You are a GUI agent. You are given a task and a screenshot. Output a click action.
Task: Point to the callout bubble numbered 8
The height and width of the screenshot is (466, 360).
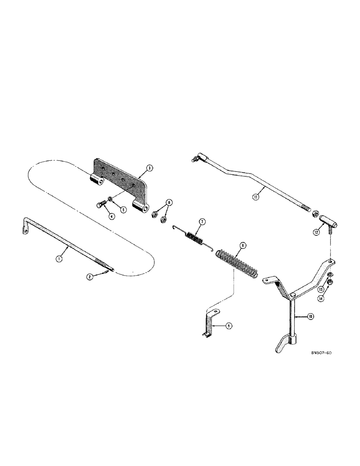click(242, 245)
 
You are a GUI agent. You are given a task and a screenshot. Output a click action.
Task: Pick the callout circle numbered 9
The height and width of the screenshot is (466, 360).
click(228, 327)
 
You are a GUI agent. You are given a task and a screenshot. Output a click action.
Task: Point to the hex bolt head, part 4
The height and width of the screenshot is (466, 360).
click(103, 204)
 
